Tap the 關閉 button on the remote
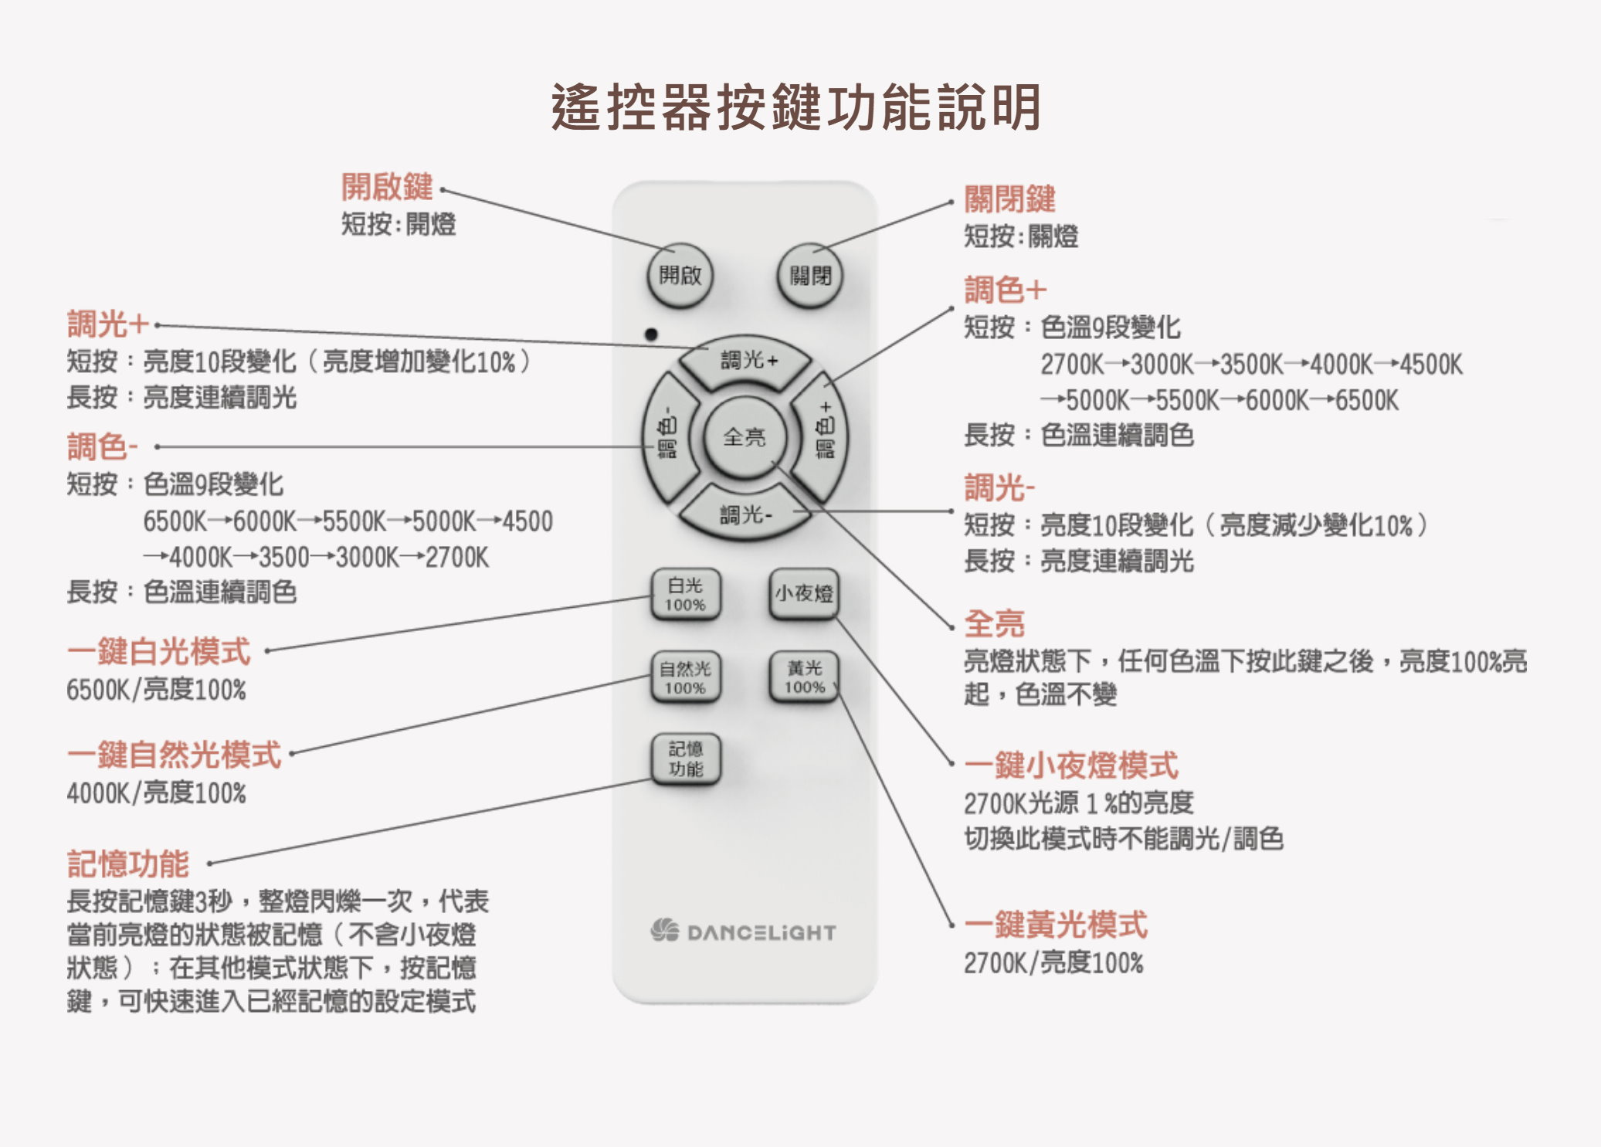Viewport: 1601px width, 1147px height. tap(809, 276)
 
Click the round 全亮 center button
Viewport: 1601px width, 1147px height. tap(745, 438)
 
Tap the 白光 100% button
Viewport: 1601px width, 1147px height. tap(685, 595)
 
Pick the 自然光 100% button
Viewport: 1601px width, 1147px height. tap(685, 677)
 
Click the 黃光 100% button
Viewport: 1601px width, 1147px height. tap(804, 677)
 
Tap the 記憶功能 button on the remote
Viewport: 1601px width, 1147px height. tap(685, 759)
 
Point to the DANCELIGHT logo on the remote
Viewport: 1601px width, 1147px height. tap(743, 932)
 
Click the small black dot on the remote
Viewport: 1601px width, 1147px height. tap(651, 334)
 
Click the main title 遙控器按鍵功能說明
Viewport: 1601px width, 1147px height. tap(796, 107)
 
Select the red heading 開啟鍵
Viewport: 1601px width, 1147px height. tap(387, 186)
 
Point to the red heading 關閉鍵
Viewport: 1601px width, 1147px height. tap(1009, 199)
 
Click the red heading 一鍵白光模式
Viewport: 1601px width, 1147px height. tap(158, 651)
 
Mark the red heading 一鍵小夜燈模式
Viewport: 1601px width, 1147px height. tap(1071, 765)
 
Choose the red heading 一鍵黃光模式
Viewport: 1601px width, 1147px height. tap(1056, 924)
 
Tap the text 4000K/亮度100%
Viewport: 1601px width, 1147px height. tap(156, 792)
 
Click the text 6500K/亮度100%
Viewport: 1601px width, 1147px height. tap(156, 689)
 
